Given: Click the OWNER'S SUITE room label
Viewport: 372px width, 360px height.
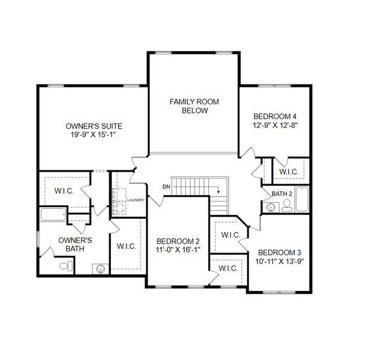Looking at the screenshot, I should [94, 126].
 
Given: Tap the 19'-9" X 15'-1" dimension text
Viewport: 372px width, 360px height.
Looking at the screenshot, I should [94, 135].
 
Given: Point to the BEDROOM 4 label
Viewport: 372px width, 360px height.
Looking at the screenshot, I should [275, 116].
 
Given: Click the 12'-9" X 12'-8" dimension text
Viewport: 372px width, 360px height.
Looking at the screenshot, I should [275, 125].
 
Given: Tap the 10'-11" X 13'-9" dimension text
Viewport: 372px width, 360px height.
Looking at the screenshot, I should [280, 262].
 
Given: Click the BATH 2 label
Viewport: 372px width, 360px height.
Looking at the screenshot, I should [281, 194].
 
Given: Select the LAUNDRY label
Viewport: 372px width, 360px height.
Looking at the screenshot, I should [136, 200].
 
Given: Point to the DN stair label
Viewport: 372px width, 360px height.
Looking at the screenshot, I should [166, 187].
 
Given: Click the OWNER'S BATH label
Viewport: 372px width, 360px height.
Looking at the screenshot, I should [70, 244].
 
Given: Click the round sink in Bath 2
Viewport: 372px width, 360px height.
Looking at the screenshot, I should [271, 208].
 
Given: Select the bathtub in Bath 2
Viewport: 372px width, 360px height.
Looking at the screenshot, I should [302, 200].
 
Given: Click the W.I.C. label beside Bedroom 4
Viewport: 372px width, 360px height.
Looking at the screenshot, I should [289, 172].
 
